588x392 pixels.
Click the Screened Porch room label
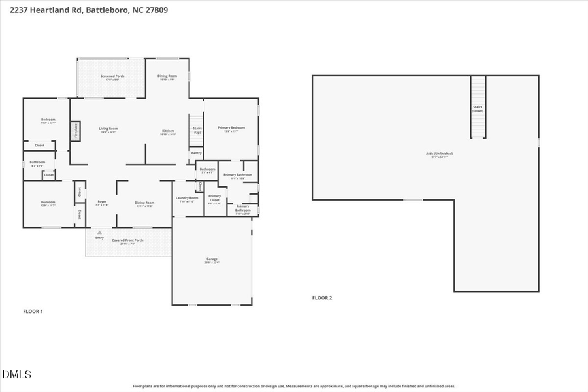click(x=112, y=76)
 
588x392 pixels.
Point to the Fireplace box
click(x=75, y=131)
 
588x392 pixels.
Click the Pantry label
click(x=196, y=154)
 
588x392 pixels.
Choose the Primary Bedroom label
click(x=231, y=128)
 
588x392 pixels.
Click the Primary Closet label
click(x=214, y=199)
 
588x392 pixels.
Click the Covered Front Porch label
click(x=127, y=240)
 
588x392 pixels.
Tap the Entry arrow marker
click(x=99, y=231)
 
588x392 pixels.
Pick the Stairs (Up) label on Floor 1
click(x=197, y=130)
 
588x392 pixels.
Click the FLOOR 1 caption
click(x=33, y=311)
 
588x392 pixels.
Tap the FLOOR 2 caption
click(x=322, y=298)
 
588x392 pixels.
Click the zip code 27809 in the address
click(x=157, y=10)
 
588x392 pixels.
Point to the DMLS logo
click(x=17, y=374)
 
